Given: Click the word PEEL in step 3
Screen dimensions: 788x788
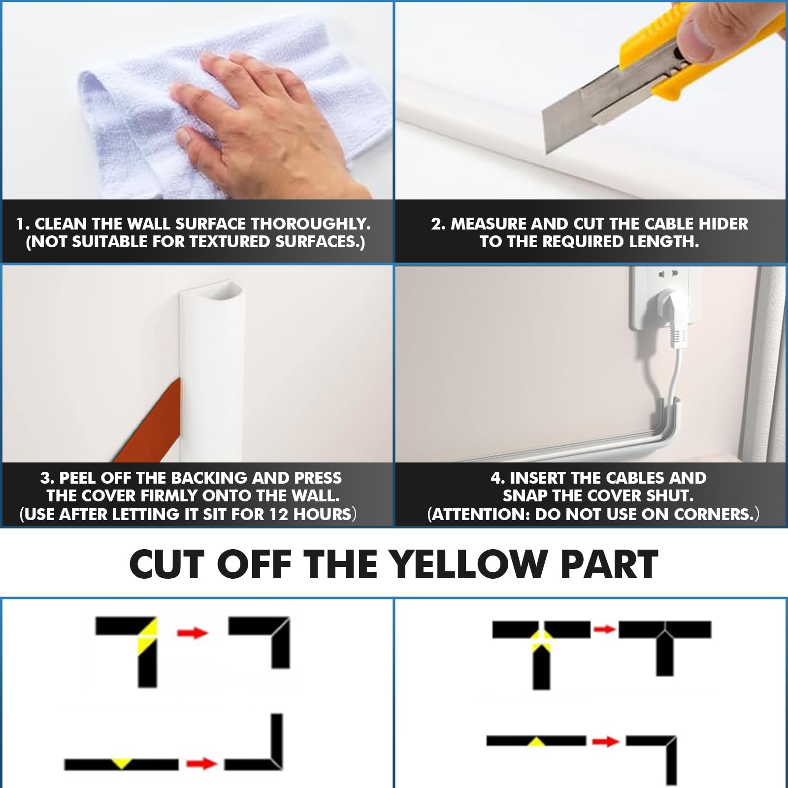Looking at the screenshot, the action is pos(78,478).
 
